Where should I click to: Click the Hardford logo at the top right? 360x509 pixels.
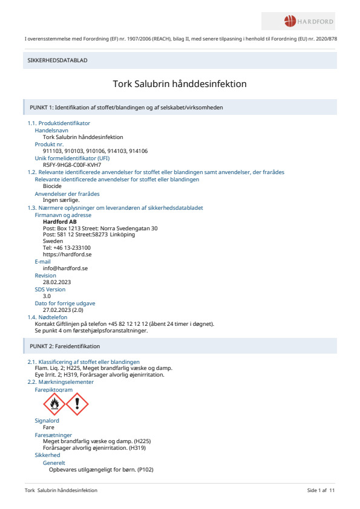pos(309,22)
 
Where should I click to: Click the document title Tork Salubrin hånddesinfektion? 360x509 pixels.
pos(180,84)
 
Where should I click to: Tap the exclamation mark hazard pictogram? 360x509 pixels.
pos(77,404)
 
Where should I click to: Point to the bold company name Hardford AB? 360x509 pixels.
pos(60,222)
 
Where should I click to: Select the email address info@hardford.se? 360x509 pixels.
pos(66,268)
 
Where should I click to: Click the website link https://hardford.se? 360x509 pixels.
pos(67,254)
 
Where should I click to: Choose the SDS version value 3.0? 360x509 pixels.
pos(47,296)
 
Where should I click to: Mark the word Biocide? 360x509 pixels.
pos(52,186)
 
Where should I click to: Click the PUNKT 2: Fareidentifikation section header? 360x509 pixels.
pos(65,346)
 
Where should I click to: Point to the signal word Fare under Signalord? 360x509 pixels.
pos(48,427)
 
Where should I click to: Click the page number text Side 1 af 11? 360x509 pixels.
pos(321,490)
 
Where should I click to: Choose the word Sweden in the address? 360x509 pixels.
pos(53,241)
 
